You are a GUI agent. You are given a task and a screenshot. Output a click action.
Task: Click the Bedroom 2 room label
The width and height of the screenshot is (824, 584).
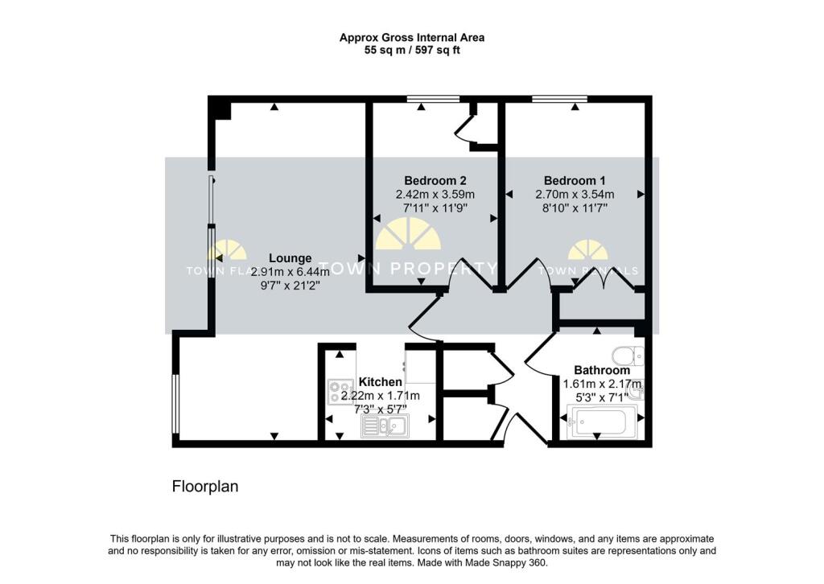click(435, 180)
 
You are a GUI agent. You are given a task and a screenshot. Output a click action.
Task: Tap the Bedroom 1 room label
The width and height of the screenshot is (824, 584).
click(575, 180)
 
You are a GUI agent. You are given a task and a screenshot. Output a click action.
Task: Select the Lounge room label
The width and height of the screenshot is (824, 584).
click(290, 258)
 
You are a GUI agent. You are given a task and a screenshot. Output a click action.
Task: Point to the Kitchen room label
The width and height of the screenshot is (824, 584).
click(381, 381)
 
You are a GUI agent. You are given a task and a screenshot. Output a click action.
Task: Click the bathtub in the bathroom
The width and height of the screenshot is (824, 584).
click(602, 422)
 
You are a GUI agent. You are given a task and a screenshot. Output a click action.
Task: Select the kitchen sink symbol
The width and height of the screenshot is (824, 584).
click(385, 426)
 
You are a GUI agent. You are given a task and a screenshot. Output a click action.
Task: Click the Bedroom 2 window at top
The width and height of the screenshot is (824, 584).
click(433, 99)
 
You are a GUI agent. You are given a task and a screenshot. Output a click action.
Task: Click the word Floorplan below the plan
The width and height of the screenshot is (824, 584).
click(205, 487)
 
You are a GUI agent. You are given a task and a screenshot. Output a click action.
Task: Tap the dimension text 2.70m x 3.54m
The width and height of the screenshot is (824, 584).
click(575, 194)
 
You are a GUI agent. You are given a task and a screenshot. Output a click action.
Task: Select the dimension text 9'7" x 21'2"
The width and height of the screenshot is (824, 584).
click(290, 285)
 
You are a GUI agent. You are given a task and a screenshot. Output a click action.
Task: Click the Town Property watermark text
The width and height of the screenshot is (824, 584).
click(408, 269)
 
